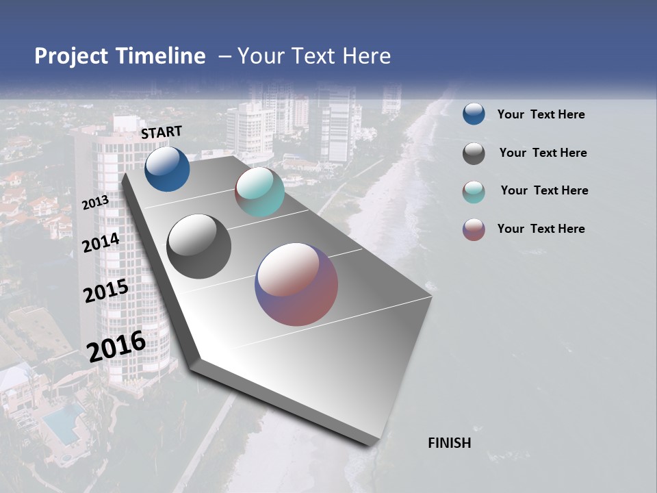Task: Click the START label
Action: tap(162, 132)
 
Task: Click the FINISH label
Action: tap(449, 443)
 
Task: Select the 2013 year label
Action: tap(95, 203)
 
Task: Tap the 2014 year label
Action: tap(101, 242)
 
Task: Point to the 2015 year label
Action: tap(105, 291)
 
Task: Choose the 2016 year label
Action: tap(116, 346)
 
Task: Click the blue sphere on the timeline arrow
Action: tap(167, 168)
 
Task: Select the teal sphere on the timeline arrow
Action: tap(259, 192)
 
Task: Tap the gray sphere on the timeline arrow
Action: tap(198, 246)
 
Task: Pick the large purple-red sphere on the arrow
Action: tap(296, 284)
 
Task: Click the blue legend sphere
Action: tap(474, 114)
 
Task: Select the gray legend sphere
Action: tap(474, 153)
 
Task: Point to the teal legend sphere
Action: tap(474, 192)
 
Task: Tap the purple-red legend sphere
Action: tap(474, 229)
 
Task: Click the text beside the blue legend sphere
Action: tap(541, 115)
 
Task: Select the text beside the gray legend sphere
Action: tap(543, 153)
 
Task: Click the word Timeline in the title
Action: tap(161, 56)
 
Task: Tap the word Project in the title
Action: tap(71, 56)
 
